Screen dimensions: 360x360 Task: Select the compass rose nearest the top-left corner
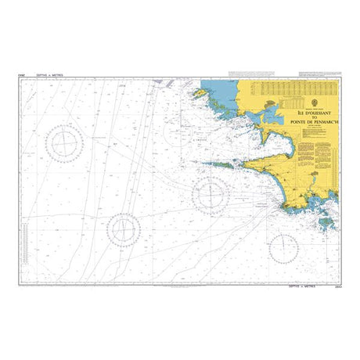(64, 143)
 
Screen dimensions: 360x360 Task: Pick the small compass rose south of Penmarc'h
(283, 247)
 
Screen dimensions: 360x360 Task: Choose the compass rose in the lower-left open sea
(123, 229)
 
